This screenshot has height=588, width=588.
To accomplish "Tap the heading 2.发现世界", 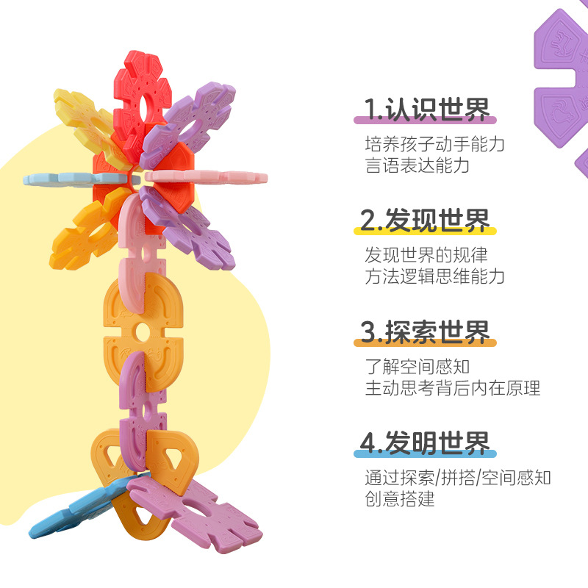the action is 425,220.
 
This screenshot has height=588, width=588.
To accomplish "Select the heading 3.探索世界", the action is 426,332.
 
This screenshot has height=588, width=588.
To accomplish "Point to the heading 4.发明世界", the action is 426,443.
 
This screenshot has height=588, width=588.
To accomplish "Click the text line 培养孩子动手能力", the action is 434,143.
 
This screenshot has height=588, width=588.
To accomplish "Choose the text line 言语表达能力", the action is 417,165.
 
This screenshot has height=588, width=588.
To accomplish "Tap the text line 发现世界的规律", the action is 426,255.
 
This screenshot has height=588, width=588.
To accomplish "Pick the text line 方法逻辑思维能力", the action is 434,277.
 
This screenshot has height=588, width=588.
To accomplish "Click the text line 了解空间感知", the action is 417,366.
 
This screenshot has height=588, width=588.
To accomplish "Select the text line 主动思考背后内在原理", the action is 452,388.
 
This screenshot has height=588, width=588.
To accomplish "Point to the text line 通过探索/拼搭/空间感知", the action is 458,478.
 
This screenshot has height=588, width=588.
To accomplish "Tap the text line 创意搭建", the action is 400,500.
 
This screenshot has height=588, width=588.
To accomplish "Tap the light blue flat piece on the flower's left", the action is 66,179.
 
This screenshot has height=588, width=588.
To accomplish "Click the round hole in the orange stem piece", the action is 140,333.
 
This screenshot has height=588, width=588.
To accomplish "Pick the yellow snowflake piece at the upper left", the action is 81,121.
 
